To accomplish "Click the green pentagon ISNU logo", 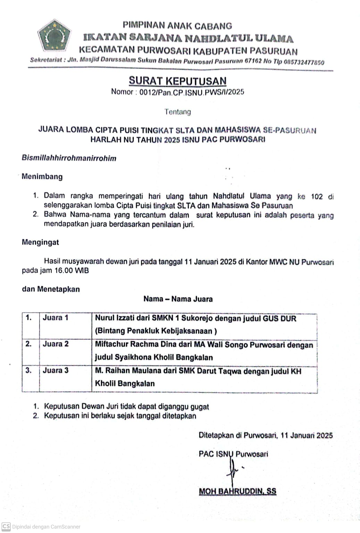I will (55, 35).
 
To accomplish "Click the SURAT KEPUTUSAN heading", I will (177, 81).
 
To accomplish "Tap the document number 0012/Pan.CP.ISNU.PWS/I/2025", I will (192, 92).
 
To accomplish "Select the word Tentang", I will (177, 112).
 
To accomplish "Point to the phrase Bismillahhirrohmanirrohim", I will (69, 158).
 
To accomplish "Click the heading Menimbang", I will (42, 176).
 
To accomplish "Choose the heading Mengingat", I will (40, 242).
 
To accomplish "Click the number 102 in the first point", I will (317, 197).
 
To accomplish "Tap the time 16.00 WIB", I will (72, 270).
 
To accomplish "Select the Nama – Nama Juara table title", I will (178, 299).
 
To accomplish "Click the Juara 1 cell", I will (56, 317).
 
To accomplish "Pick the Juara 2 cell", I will (56, 344).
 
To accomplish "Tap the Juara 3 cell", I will (56, 370).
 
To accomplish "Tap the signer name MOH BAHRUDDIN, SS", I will (237, 491).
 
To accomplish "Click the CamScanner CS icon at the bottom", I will (6, 526).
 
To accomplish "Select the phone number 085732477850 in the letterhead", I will (304, 62).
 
